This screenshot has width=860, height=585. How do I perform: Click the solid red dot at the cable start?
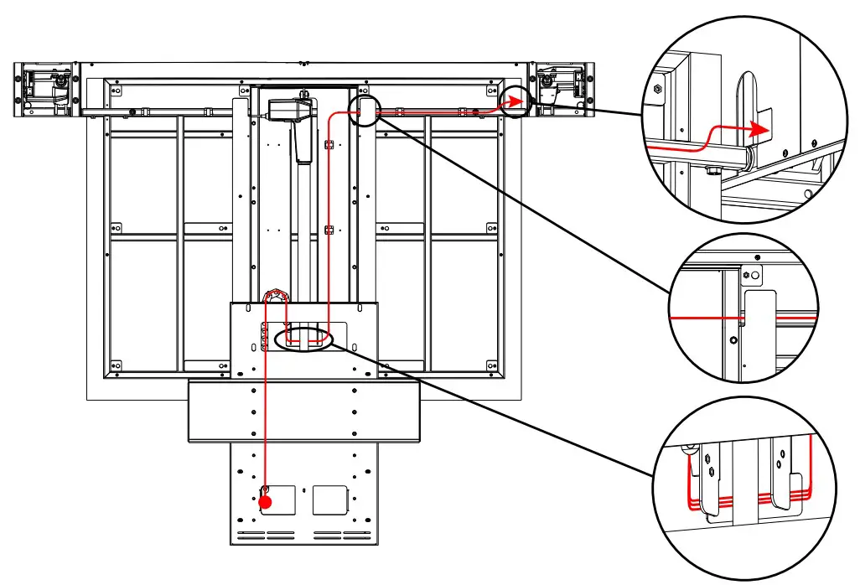pyautogui.click(x=266, y=502)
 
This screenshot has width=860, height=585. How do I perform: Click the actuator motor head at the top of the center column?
pyautogui.click(x=290, y=108)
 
